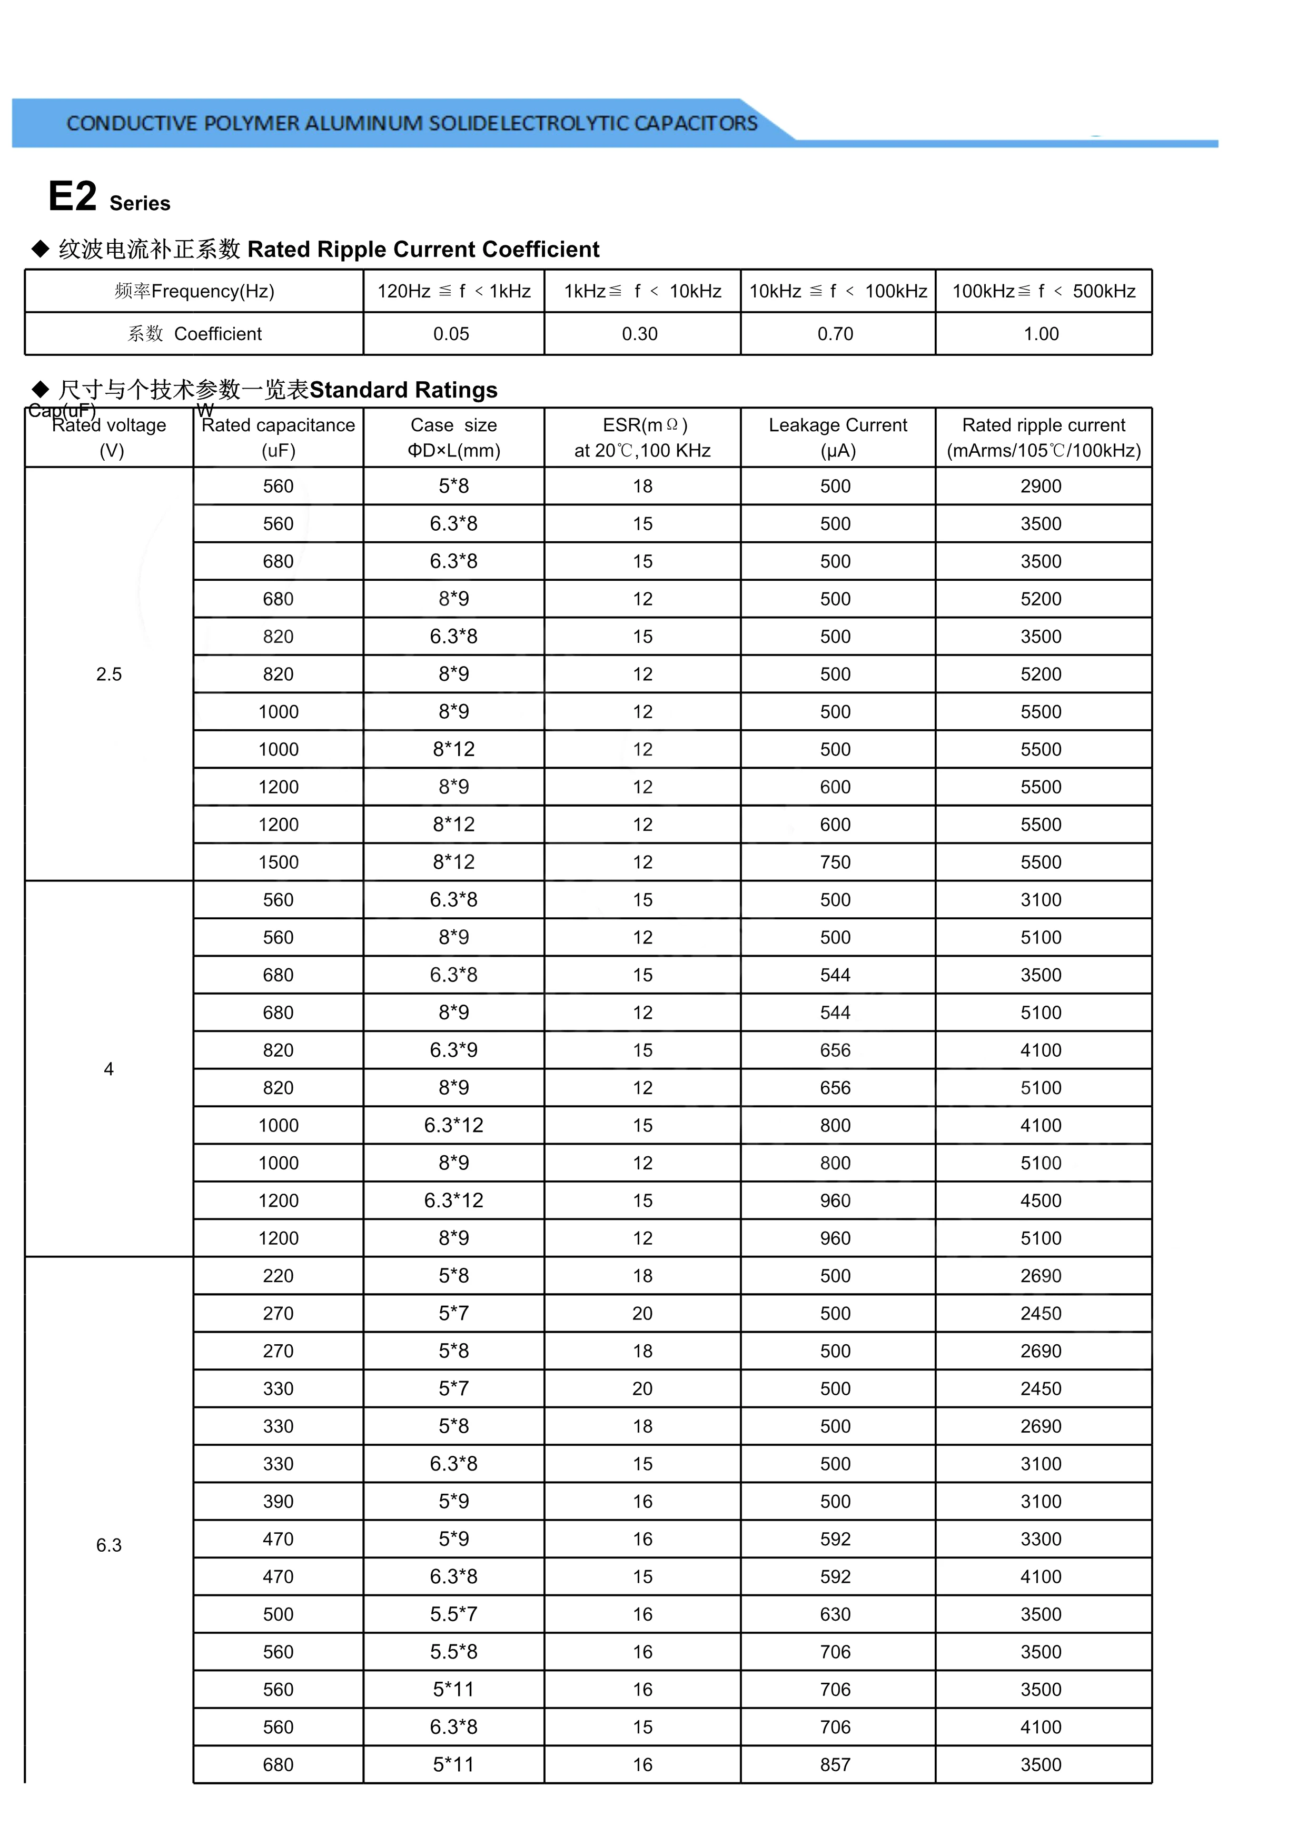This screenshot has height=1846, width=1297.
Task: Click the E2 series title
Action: (108, 197)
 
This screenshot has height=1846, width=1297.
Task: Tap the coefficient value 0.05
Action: (451, 334)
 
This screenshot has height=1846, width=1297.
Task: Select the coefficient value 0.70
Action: (836, 334)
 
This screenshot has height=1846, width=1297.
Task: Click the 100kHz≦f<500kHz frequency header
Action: (1044, 291)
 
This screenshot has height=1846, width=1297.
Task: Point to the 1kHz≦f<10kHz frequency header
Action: (642, 291)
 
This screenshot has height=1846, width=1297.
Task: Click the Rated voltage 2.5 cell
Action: (108, 674)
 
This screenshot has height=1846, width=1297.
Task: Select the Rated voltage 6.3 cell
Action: (108, 1544)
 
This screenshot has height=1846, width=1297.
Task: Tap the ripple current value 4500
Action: (1041, 1200)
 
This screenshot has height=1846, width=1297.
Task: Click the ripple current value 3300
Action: (1041, 1539)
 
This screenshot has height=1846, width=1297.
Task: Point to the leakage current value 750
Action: (836, 862)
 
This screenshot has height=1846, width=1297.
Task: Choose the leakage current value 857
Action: (836, 1765)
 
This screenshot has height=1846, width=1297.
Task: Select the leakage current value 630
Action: (836, 1614)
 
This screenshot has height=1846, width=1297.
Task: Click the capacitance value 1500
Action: (278, 862)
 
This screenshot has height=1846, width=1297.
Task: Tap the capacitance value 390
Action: (278, 1501)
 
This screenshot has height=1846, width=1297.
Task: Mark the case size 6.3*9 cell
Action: (453, 1050)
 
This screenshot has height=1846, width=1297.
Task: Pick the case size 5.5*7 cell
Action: (453, 1614)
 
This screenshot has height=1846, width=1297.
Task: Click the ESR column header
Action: (642, 438)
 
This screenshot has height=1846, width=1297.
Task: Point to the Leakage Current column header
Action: (838, 438)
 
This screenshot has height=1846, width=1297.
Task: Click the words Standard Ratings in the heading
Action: (404, 390)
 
